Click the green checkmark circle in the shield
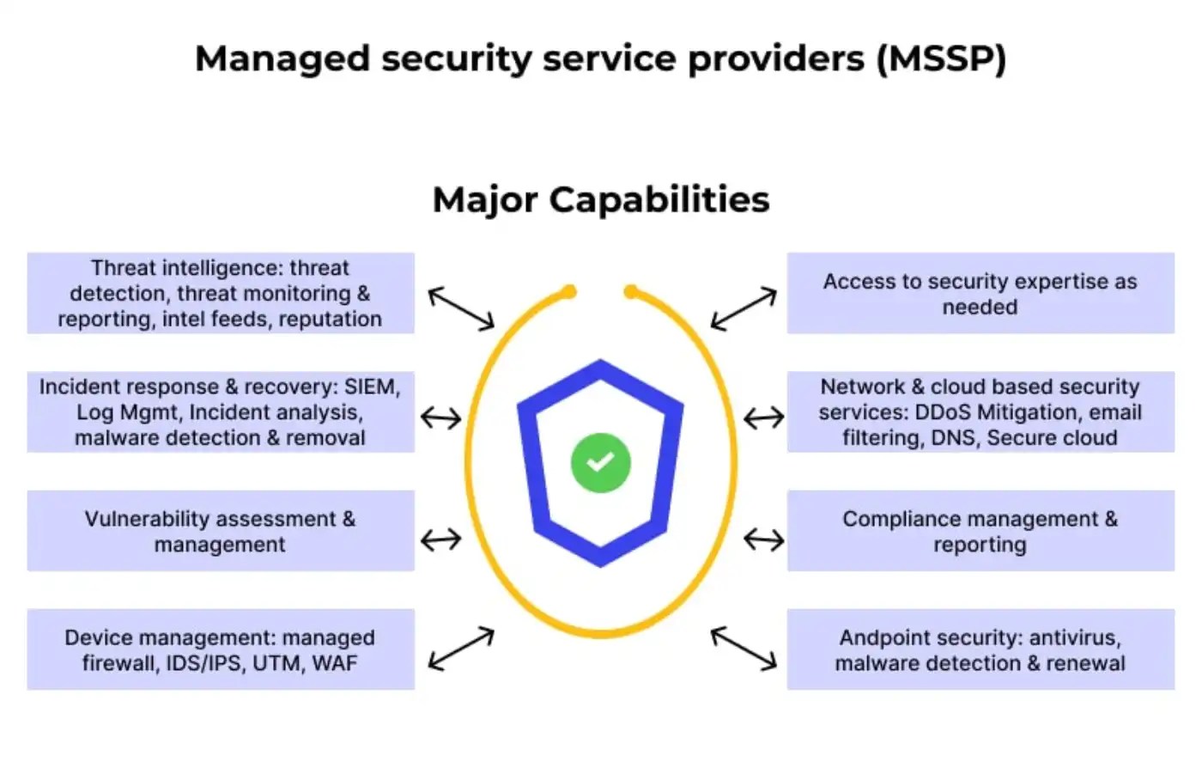click(x=600, y=463)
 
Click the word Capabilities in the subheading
click(x=659, y=199)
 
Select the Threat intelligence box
click(x=221, y=293)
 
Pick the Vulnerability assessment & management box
click(x=221, y=531)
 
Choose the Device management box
click(x=221, y=649)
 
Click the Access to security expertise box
click(x=980, y=293)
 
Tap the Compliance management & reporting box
click(x=980, y=531)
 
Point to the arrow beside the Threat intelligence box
click(x=461, y=308)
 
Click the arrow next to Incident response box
click(x=441, y=418)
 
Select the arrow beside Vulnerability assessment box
click(x=441, y=539)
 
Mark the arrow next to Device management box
click(x=461, y=649)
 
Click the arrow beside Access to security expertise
click(x=744, y=309)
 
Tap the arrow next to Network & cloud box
click(x=763, y=418)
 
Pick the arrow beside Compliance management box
click(x=763, y=539)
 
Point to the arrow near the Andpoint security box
click(x=744, y=648)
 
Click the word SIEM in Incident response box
click(x=371, y=387)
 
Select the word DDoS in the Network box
click(x=943, y=412)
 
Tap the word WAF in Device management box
click(x=335, y=663)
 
